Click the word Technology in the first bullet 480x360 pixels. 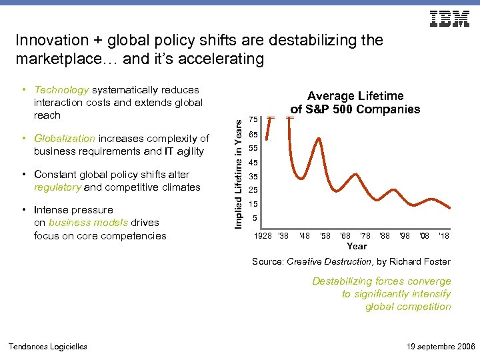click(x=61, y=90)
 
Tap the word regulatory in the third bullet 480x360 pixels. click(x=57, y=187)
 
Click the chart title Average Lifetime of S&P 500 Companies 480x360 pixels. click(x=355, y=103)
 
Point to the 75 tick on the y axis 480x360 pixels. click(x=253, y=119)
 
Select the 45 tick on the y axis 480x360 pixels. click(x=253, y=163)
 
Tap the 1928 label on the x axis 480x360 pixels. click(x=263, y=235)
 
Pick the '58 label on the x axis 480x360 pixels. click(x=325, y=235)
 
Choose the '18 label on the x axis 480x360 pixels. click(x=444, y=235)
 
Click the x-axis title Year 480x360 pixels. click(x=357, y=246)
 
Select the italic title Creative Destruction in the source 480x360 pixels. click(x=324, y=262)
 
